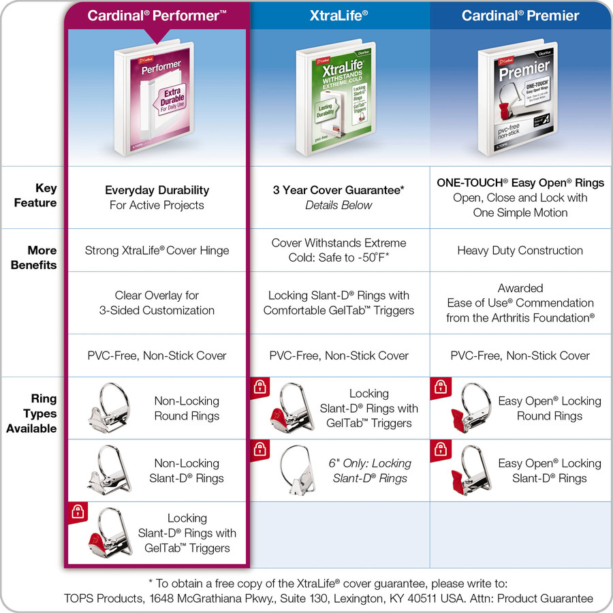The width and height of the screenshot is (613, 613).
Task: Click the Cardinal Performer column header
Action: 157,15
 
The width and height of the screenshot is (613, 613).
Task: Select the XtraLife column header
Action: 339,15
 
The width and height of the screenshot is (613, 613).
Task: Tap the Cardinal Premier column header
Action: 520,15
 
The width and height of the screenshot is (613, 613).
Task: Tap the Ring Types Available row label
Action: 33,413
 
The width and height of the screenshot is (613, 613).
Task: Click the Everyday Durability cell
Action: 157,198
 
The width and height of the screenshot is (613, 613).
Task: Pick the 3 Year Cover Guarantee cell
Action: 339,198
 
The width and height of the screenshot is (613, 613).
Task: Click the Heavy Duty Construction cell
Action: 520,250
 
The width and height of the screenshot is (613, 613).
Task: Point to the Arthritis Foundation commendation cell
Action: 520,303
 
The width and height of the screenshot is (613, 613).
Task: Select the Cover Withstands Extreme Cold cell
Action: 339,250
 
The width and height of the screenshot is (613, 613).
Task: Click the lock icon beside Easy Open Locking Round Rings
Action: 440,388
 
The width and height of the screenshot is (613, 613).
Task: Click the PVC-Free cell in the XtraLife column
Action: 339,356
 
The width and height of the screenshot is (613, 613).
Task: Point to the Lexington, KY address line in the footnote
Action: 328,599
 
